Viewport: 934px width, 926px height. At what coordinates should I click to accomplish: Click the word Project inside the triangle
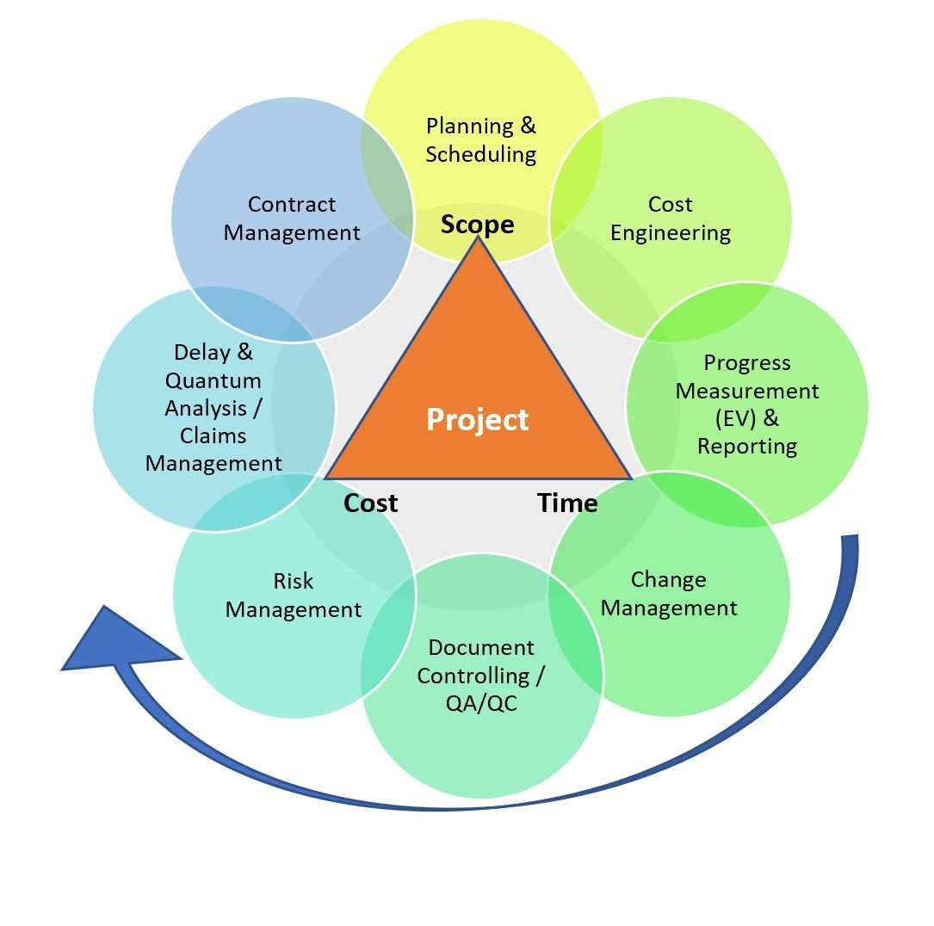tap(477, 420)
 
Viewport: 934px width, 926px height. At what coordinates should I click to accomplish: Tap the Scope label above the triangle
tap(477, 225)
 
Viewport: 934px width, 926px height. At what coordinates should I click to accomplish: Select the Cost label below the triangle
tap(370, 503)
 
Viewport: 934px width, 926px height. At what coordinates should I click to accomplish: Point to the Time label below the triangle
tap(567, 503)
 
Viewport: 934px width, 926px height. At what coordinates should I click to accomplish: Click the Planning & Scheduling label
tap(480, 140)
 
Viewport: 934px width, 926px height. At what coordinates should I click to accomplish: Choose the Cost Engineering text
tap(671, 219)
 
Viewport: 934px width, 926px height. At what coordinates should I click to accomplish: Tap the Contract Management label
tap(292, 219)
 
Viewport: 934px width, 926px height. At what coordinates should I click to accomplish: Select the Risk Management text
tap(294, 596)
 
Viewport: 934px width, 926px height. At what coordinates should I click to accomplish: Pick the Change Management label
tap(669, 594)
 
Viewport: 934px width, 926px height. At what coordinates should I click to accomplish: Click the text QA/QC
tap(481, 703)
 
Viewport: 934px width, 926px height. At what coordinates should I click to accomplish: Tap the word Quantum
tap(213, 380)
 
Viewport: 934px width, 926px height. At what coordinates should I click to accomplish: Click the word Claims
tap(213, 435)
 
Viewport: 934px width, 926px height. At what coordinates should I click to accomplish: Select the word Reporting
tap(747, 446)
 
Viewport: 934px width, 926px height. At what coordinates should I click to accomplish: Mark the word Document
tap(481, 647)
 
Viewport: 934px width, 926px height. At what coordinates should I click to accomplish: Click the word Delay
tap(201, 352)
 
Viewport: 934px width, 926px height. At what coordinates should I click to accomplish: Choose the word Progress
tap(747, 362)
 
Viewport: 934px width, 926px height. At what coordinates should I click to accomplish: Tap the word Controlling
tap(473, 676)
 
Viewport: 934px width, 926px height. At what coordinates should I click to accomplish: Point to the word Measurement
tap(747, 391)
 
